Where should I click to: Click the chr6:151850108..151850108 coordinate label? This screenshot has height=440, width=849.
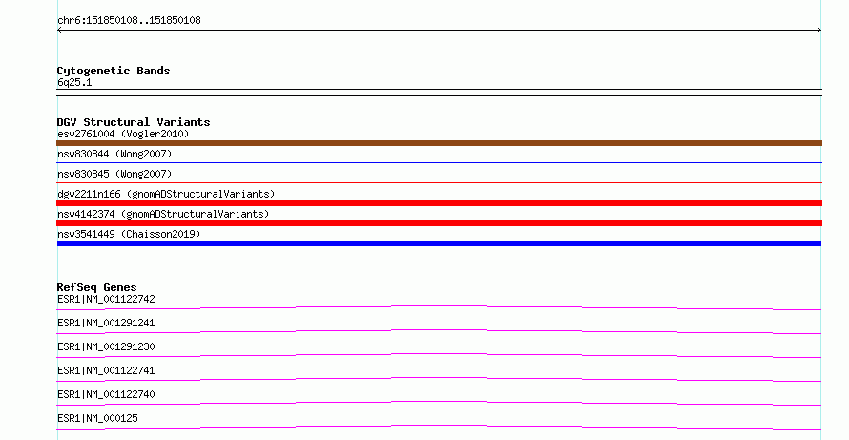pos(129,21)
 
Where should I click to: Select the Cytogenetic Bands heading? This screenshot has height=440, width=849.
pos(114,71)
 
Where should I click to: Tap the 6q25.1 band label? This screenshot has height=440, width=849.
pos(74,82)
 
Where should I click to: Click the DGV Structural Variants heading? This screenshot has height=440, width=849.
pos(134,122)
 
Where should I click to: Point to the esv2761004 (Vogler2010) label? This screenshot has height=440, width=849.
pos(123,134)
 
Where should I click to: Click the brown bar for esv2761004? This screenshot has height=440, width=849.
pos(439,143)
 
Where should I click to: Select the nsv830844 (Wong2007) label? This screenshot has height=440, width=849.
pos(114,154)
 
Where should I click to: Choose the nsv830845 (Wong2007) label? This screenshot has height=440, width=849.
pos(114,174)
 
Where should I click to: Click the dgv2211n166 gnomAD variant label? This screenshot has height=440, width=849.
pos(166,194)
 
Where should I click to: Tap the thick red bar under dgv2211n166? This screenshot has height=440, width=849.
pos(439,203)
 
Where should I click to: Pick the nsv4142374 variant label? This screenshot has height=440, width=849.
pos(163,214)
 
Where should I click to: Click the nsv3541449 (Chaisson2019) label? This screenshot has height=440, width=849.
pos(129,234)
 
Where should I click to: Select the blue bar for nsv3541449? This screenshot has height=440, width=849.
pos(439,243)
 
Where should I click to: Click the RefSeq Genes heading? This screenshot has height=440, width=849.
pos(96,287)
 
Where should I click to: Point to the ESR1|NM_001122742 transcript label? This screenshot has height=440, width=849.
pos(106,299)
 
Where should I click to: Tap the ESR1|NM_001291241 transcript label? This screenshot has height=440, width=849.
pos(106,323)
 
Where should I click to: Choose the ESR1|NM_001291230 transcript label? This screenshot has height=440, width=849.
pos(106,346)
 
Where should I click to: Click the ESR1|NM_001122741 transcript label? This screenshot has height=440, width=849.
pos(106,370)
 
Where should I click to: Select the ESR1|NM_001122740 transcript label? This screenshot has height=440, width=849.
pos(106,394)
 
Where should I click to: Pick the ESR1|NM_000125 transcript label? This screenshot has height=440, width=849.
pos(97,418)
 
